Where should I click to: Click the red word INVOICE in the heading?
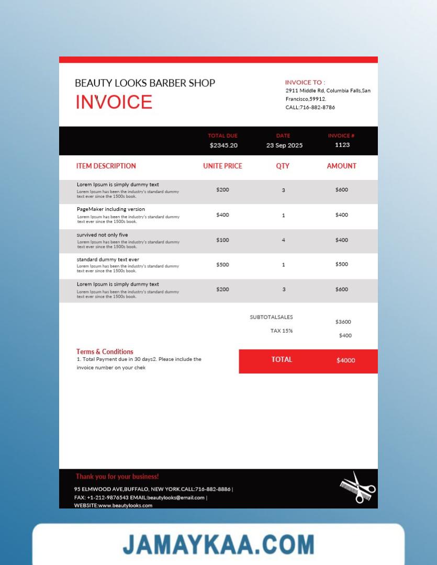click(114, 102)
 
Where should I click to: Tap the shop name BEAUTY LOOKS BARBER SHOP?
click(145, 83)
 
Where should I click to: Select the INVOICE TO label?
click(305, 82)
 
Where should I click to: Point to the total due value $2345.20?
click(223, 145)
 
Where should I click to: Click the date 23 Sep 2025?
click(284, 145)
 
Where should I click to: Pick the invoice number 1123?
click(342, 145)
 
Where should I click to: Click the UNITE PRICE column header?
click(222, 166)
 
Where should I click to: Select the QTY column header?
click(283, 166)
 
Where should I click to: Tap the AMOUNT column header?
click(341, 166)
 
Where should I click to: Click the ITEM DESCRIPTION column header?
click(106, 166)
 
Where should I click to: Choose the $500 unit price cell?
click(222, 265)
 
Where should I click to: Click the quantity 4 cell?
click(284, 240)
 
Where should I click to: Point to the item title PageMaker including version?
click(111, 209)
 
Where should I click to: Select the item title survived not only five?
click(102, 235)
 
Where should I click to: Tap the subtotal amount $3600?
click(343, 322)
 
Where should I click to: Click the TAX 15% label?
click(282, 331)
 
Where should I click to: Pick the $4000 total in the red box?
click(345, 360)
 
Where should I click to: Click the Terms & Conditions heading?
click(105, 352)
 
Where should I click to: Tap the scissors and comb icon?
click(358, 488)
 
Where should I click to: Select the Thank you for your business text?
click(117, 477)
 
